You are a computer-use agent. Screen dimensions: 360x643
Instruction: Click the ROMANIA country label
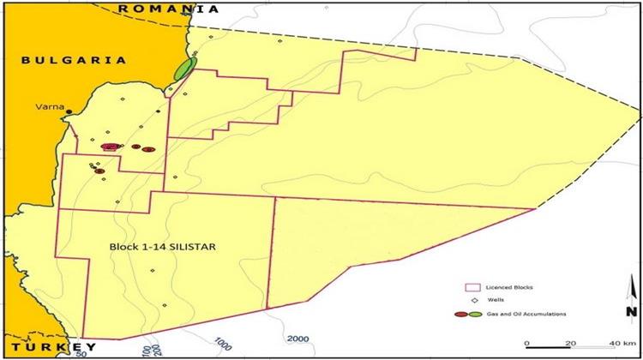click(x=168, y=9)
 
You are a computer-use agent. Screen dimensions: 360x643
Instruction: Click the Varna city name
click(x=50, y=108)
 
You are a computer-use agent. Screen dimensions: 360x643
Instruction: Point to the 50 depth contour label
click(x=85, y=351)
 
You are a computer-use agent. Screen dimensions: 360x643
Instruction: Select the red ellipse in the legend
click(x=460, y=315)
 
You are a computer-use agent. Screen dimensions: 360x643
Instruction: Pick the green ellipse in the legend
click(x=474, y=315)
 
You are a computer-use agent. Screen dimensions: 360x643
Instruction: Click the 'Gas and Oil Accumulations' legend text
click(x=529, y=315)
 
